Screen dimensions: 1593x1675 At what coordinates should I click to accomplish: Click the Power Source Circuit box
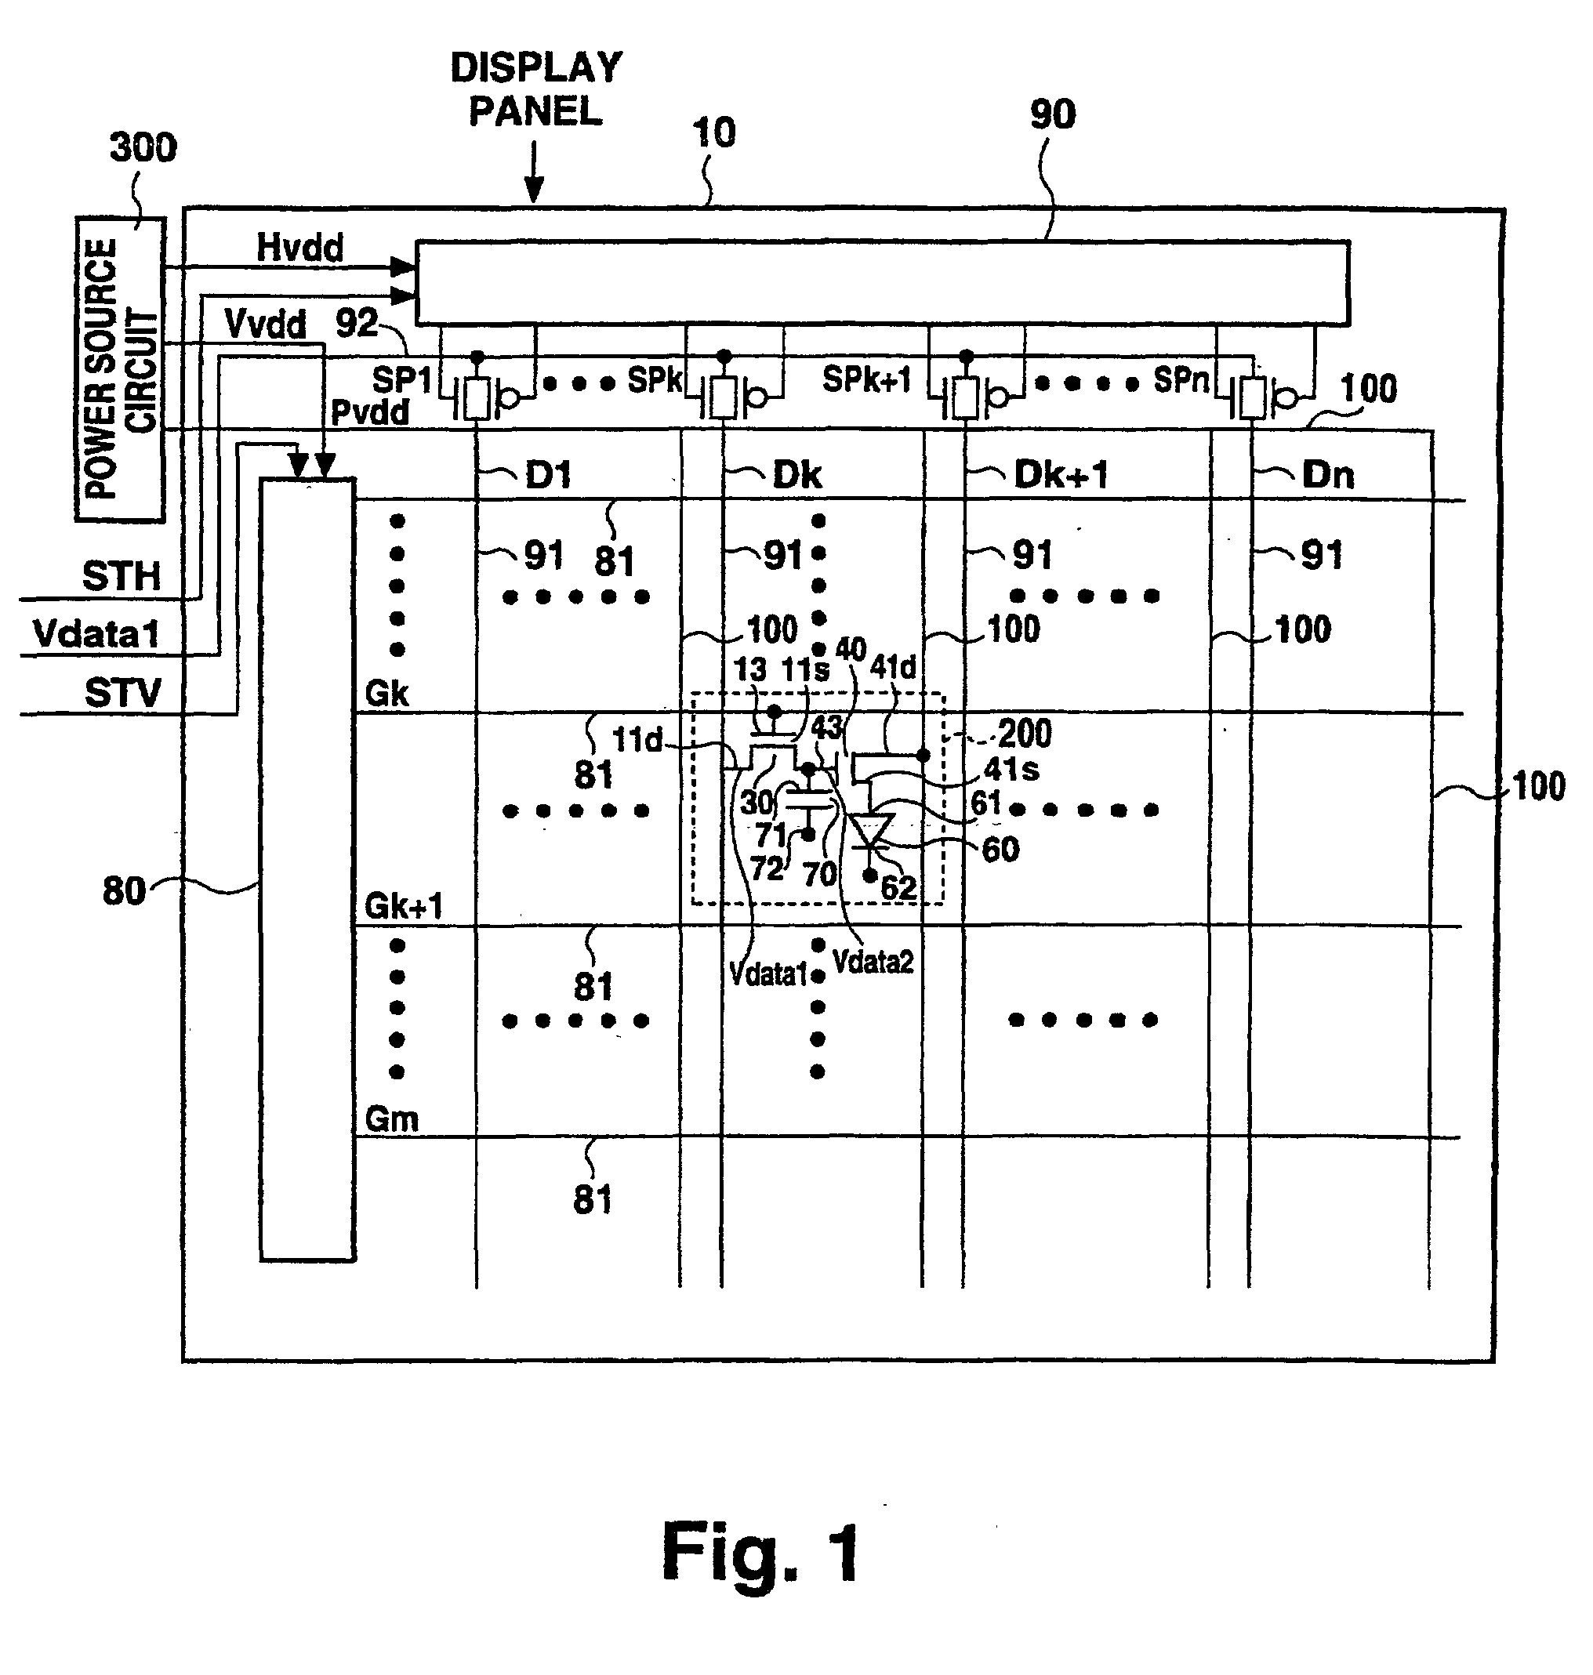(120, 368)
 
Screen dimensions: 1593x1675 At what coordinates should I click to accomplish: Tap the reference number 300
(143, 147)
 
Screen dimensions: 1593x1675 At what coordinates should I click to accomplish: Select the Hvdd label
(299, 248)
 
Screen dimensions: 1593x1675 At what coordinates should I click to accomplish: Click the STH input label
(121, 576)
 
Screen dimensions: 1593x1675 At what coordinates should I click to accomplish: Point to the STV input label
(122, 693)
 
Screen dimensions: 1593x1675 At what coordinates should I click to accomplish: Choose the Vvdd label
(265, 324)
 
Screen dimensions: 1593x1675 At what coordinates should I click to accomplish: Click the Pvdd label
(369, 412)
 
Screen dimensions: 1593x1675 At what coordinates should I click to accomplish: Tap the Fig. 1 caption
(761, 1552)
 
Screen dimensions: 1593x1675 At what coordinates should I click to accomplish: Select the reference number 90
(1053, 114)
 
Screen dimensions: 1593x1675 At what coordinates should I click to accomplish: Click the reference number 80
(124, 891)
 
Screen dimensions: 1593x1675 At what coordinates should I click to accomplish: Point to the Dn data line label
(1327, 474)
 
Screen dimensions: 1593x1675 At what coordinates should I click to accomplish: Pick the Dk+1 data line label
(1061, 474)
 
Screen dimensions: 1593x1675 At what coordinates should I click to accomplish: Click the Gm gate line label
(391, 1119)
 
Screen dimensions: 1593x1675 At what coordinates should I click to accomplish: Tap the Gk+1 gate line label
(403, 907)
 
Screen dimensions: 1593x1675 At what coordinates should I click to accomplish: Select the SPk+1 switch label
(866, 379)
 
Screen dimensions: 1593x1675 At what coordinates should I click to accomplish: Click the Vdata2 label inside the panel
(872, 962)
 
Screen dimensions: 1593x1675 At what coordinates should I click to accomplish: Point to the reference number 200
(1024, 734)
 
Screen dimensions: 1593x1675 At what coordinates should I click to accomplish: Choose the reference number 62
(898, 887)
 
